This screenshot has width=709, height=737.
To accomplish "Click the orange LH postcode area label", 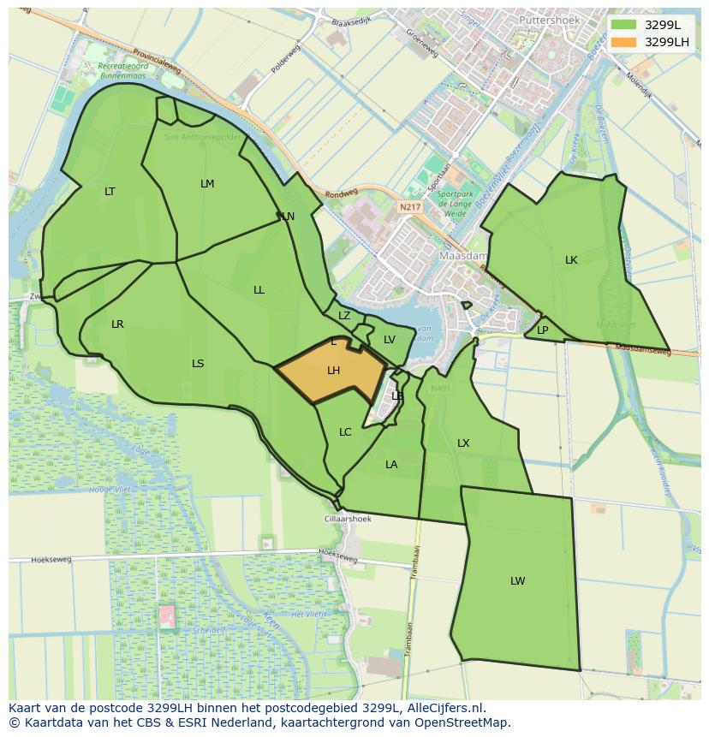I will (334, 371).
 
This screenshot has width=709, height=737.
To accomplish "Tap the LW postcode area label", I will (517, 581).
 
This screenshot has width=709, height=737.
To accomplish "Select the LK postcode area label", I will (571, 260).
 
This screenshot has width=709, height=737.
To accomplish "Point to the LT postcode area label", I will (110, 192).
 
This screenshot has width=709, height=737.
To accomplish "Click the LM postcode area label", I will (207, 184).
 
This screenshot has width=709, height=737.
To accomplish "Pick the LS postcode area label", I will (198, 364).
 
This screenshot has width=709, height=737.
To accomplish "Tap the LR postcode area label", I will (117, 324).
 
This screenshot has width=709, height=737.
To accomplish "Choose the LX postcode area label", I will (463, 443).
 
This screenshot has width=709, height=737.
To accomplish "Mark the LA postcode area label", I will (391, 465).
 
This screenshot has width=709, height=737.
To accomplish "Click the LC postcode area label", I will (345, 432).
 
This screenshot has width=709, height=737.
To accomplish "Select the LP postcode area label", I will (543, 330).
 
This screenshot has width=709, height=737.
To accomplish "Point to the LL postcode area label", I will (259, 290).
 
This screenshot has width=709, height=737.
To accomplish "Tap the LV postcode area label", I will (390, 340).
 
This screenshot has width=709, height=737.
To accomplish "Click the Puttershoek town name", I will (548, 19).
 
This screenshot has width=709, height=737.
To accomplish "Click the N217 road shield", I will (410, 207).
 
